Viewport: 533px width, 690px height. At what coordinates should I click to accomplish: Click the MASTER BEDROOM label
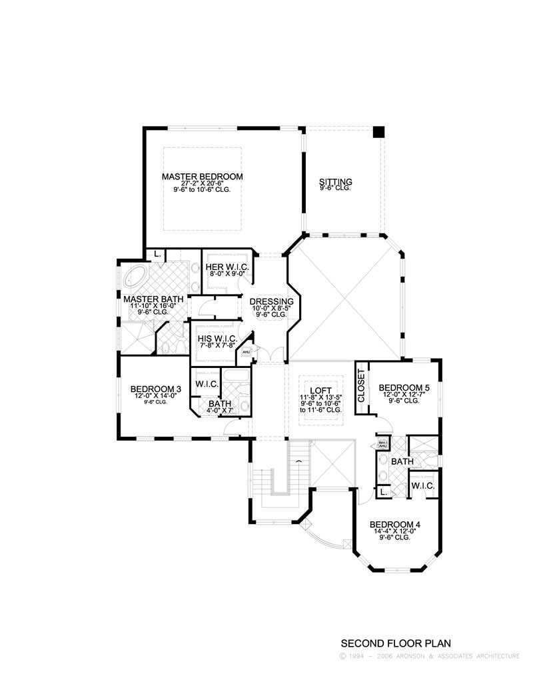pyautogui.click(x=202, y=177)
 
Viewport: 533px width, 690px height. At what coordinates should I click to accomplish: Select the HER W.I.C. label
pyautogui.click(x=227, y=267)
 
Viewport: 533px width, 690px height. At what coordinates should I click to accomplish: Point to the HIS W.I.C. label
pyautogui.click(x=214, y=338)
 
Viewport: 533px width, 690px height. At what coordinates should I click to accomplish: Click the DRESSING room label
pyautogui.click(x=271, y=302)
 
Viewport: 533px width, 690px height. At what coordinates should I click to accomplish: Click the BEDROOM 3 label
pyautogui.click(x=156, y=389)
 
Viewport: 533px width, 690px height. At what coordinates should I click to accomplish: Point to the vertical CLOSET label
pyautogui.click(x=362, y=386)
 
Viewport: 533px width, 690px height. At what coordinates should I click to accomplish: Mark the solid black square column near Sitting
pyautogui.click(x=378, y=132)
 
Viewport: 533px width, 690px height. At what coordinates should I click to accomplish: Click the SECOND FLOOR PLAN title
pyautogui.click(x=396, y=643)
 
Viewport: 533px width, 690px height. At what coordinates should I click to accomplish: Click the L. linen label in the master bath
pyautogui.click(x=157, y=254)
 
